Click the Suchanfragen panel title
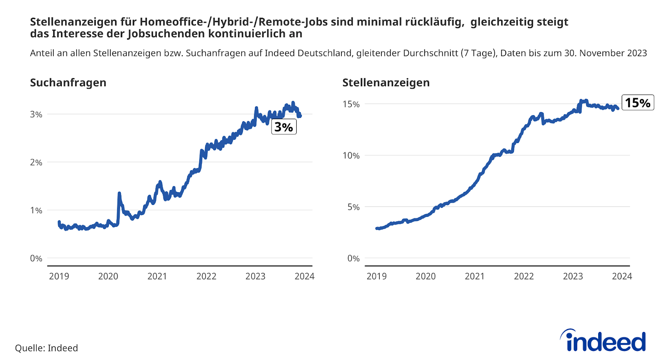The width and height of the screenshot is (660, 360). (68, 82)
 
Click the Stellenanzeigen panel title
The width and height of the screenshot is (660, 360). (386, 82)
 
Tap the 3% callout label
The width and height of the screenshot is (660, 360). (284, 127)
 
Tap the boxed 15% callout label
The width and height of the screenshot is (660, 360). (637, 103)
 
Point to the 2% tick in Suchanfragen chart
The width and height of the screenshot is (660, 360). (36, 162)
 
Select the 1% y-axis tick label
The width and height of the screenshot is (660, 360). (36, 210)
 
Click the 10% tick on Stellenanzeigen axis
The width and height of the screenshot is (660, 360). (351, 155)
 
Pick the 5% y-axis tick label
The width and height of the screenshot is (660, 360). (353, 207)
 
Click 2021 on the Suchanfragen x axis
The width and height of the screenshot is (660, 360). (157, 276)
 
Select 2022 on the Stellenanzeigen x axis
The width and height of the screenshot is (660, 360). (523, 276)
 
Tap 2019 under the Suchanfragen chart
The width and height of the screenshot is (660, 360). (59, 276)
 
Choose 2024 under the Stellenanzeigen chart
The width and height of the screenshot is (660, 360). (622, 276)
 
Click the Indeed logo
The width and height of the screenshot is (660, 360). (603, 341)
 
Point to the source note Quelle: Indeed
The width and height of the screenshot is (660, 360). (46, 348)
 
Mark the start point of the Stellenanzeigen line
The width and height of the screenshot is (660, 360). (377, 228)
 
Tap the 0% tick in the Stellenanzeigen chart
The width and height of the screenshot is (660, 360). (353, 259)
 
